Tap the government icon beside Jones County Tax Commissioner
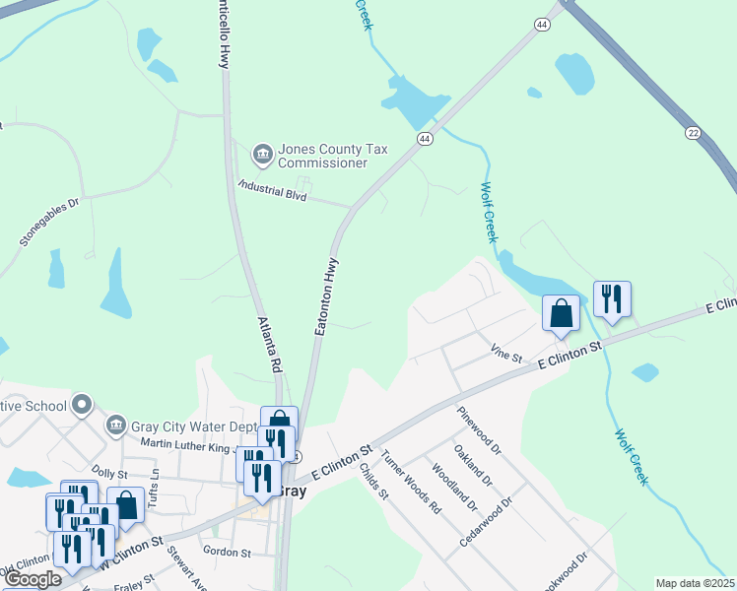coord(262,153)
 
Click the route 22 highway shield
coord(693,132)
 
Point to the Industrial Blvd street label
coord(274,190)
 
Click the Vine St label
coord(506,355)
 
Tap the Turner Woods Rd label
coord(411,482)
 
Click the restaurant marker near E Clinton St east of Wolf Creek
coord(612,298)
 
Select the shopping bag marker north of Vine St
coord(561,314)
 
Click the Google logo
coord(33,579)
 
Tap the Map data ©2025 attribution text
coord(695,583)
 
